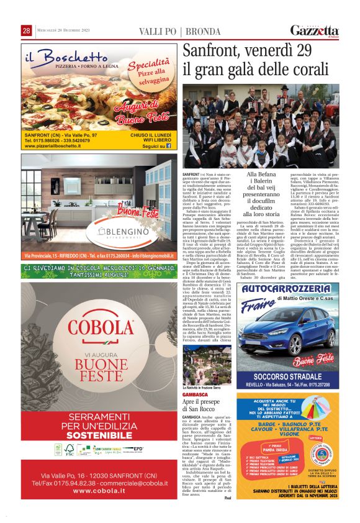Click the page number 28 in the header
pos(27,30)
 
